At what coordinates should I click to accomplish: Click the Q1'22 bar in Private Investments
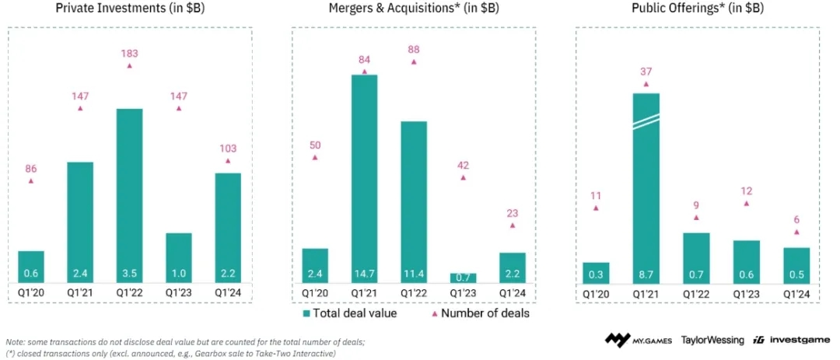(x=129, y=194)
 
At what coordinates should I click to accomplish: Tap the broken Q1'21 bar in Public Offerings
(x=646, y=187)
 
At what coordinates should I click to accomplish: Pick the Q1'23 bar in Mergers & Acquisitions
(x=463, y=278)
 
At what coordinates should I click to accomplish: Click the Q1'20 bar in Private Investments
(x=31, y=267)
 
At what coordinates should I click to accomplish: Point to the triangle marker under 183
(x=129, y=66)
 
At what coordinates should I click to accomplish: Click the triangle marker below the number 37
(x=646, y=84)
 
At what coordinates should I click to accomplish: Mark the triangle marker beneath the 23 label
(x=512, y=225)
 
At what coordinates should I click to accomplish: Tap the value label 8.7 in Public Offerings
(x=646, y=274)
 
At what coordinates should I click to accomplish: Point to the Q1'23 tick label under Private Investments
(x=179, y=294)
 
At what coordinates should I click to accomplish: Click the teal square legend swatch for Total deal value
(x=306, y=313)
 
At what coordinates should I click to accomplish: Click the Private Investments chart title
(x=128, y=9)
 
